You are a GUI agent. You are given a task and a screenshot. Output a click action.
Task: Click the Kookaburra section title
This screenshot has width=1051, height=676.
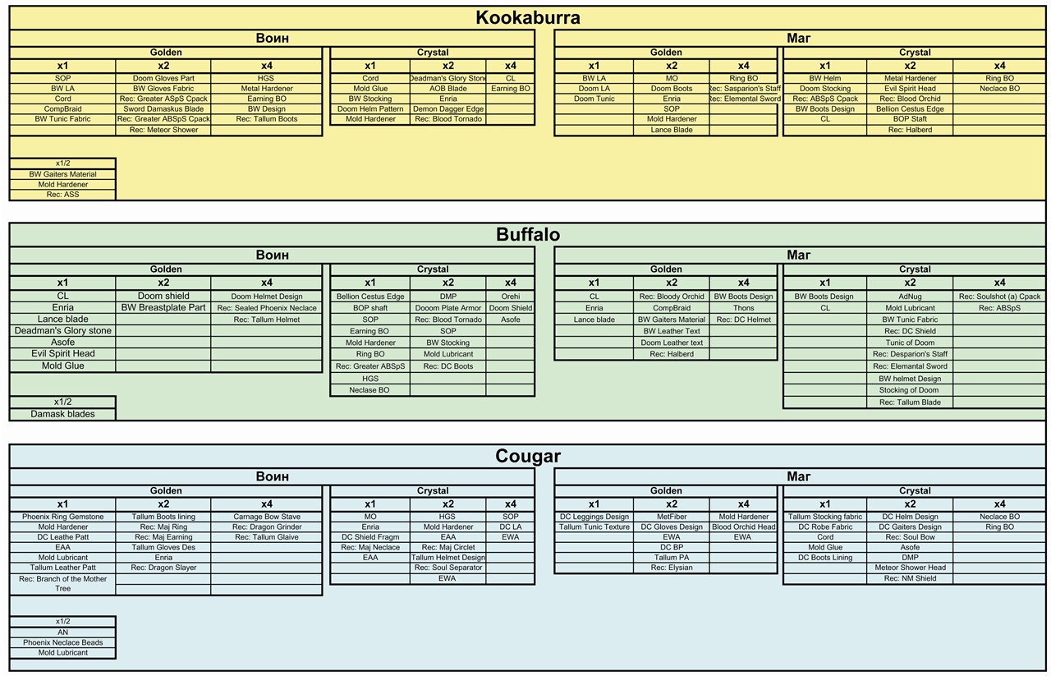(x=528, y=18)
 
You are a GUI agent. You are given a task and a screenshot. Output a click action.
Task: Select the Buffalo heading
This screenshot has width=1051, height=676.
(x=528, y=235)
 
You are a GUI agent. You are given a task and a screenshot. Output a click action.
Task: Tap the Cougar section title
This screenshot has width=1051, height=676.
(x=528, y=456)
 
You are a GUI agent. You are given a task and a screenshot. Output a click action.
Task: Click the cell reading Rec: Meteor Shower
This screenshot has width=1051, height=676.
(x=163, y=130)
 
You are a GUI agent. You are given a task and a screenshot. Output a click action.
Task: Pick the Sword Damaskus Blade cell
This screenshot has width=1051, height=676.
(x=163, y=109)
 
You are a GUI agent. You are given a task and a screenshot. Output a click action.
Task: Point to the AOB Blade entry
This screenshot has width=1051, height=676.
(x=448, y=88)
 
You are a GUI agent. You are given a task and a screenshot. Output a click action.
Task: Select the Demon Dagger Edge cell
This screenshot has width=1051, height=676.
(x=448, y=109)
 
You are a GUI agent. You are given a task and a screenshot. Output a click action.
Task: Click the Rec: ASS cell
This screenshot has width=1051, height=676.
(x=63, y=195)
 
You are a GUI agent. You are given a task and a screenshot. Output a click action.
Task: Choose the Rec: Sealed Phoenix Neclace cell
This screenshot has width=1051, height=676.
(x=267, y=308)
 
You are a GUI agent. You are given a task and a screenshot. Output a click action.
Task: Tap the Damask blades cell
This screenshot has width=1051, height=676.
(x=63, y=414)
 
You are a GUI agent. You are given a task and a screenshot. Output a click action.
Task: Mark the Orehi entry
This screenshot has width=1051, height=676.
(x=511, y=297)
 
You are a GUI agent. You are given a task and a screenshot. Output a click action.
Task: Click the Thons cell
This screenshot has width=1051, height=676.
(x=744, y=308)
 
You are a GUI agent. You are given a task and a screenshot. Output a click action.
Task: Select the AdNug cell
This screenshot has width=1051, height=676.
(x=910, y=297)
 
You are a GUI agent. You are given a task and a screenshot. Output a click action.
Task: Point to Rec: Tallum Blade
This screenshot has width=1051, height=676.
(x=910, y=402)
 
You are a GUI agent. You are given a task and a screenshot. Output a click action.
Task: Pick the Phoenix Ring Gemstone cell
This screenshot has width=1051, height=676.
(x=63, y=517)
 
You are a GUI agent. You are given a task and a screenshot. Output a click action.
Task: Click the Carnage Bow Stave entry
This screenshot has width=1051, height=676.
(x=267, y=517)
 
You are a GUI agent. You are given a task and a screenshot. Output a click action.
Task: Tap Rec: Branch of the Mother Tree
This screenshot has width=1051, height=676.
(x=63, y=583)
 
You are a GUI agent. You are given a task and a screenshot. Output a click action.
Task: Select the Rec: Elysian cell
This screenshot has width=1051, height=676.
(x=672, y=568)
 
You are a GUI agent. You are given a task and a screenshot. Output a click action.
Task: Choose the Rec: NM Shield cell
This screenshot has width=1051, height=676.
(x=910, y=578)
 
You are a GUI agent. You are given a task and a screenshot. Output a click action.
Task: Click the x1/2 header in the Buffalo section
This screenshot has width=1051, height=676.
(x=63, y=402)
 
